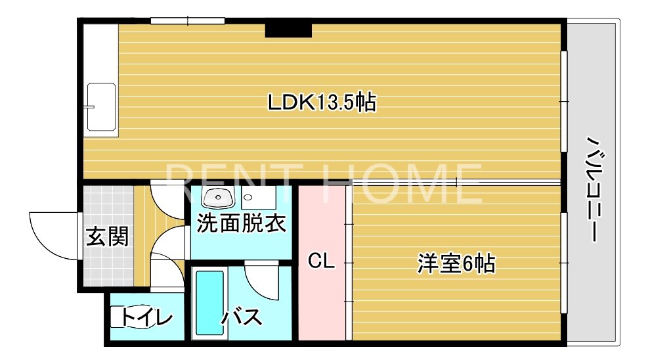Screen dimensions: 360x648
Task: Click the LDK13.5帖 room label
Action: [321, 102]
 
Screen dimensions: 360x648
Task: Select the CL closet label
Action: [322, 262]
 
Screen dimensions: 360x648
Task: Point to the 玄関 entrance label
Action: [107, 235]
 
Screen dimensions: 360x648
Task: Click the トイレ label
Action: [147, 318]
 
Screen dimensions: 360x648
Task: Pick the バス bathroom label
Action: [242, 318]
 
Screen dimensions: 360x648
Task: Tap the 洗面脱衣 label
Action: [242, 224]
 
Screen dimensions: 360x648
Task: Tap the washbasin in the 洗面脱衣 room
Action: [217, 196]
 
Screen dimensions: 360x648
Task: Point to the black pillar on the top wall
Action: [288, 30]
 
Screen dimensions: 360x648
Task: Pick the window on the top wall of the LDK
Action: [188, 20]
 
